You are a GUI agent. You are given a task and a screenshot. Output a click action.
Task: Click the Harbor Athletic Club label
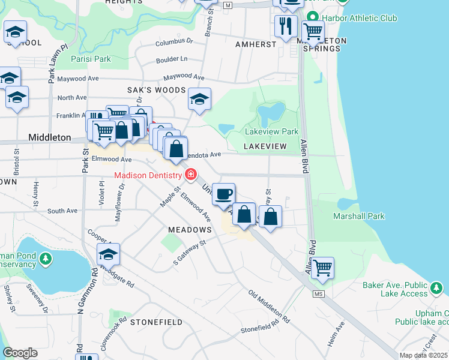click(x=360, y=18)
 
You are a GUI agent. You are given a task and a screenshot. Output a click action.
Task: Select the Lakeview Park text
click(x=271, y=131)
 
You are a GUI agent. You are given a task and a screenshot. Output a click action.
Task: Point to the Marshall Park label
click(x=358, y=216)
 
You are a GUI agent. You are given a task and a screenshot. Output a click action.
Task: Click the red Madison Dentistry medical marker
click(x=191, y=175)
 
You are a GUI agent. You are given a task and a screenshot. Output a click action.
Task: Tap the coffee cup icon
click(x=224, y=194)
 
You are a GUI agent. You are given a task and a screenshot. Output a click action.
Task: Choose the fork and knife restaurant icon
click(x=286, y=25)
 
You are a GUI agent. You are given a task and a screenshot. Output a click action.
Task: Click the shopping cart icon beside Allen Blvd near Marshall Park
click(x=322, y=267)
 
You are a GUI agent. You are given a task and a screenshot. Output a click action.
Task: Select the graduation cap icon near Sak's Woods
click(x=199, y=98)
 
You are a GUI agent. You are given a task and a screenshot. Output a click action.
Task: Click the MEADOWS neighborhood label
click(x=190, y=230)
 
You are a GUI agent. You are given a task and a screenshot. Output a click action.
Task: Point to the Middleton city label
click(x=50, y=137)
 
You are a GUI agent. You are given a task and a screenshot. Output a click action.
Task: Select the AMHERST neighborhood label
click(x=256, y=44)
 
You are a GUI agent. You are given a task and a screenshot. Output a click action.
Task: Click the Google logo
click(x=20, y=352)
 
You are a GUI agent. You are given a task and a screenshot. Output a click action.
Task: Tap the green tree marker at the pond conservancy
click(x=46, y=259)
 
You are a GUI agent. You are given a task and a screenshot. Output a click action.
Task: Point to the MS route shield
click(x=318, y=293)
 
